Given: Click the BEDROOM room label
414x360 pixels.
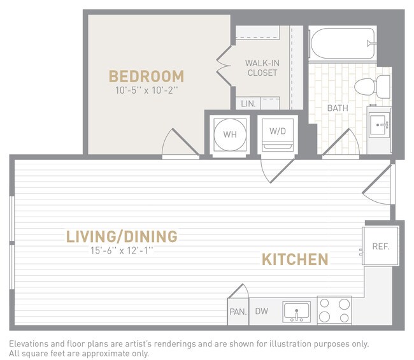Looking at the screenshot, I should pyautogui.click(x=146, y=76).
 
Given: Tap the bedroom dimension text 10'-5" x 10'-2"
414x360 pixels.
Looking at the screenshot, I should pyautogui.click(x=146, y=90).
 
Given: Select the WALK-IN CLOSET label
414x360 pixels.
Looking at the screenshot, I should pyautogui.click(x=262, y=68).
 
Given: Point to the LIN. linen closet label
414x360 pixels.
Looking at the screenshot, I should pyautogui.click(x=247, y=103).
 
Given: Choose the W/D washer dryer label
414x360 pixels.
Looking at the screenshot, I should pyautogui.click(x=277, y=132).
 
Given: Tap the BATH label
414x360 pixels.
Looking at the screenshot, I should pyautogui.click(x=338, y=108).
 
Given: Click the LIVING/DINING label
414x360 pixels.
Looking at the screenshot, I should pyautogui.click(x=122, y=237).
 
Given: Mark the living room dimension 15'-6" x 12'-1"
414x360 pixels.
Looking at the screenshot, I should pyautogui.click(x=122, y=250).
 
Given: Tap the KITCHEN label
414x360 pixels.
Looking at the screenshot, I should pyautogui.click(x=295, y=259).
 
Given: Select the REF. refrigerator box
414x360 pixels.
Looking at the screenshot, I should pyautogui.click(x=380, y=246).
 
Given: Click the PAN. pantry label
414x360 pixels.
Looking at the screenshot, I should pyautogui.click(x=238, y=312).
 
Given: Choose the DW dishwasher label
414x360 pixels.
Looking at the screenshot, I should pyautogui.click(x=261, y=312).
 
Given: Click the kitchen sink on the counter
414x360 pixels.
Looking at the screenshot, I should pyautogui.click(x=296, y=312).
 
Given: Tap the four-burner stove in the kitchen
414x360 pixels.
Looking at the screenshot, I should pyautogui.click(x=334, y=311).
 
